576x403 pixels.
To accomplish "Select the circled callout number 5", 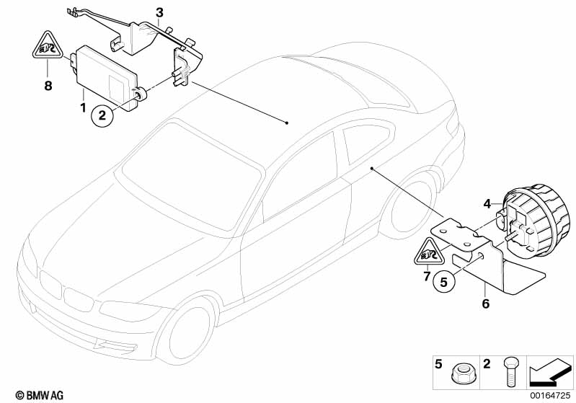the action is (444, 282).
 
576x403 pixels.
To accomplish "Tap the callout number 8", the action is (48, 86).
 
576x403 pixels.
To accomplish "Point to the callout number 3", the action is (159, 13).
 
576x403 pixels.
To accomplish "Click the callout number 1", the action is (83, 107).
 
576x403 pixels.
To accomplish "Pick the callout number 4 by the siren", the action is (487, 203).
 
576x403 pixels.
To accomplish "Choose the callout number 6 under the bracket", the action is (486, 304).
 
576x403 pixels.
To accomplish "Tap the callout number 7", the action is (427, 276).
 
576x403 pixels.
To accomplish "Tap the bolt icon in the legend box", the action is (510, 371).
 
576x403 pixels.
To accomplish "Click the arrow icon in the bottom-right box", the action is (550, 373).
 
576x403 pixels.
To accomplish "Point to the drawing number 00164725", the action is (550, 395).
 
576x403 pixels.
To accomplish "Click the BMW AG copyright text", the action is (40, 395).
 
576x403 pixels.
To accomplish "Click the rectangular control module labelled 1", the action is (107, 77).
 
